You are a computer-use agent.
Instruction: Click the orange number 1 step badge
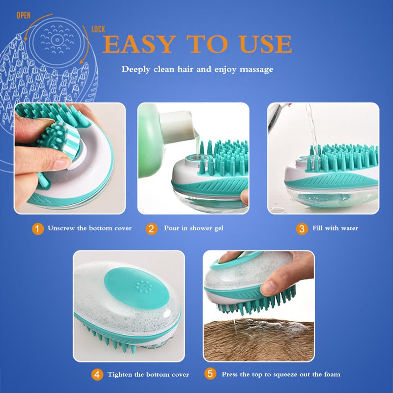(x=38, y=229)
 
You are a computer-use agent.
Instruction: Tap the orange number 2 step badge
(x=152, y=229)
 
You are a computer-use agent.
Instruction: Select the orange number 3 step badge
(x=302, y=229)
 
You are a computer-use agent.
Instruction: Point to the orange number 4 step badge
(x=97, y=375)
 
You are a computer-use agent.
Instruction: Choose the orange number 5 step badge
(x=210, y=374)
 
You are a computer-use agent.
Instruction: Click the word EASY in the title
(x=140, y=44)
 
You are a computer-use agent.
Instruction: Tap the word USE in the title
(x=265, y=44)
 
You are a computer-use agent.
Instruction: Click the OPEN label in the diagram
(x=23, y=16)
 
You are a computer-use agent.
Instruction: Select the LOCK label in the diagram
(x=98, y=29)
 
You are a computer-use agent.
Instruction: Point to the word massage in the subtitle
(x=256, y=69)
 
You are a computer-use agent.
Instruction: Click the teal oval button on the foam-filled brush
(x=137, y=288)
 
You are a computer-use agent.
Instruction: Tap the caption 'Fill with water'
(x=336, y=228)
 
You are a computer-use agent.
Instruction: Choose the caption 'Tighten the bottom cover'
(x=148, y=374)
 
